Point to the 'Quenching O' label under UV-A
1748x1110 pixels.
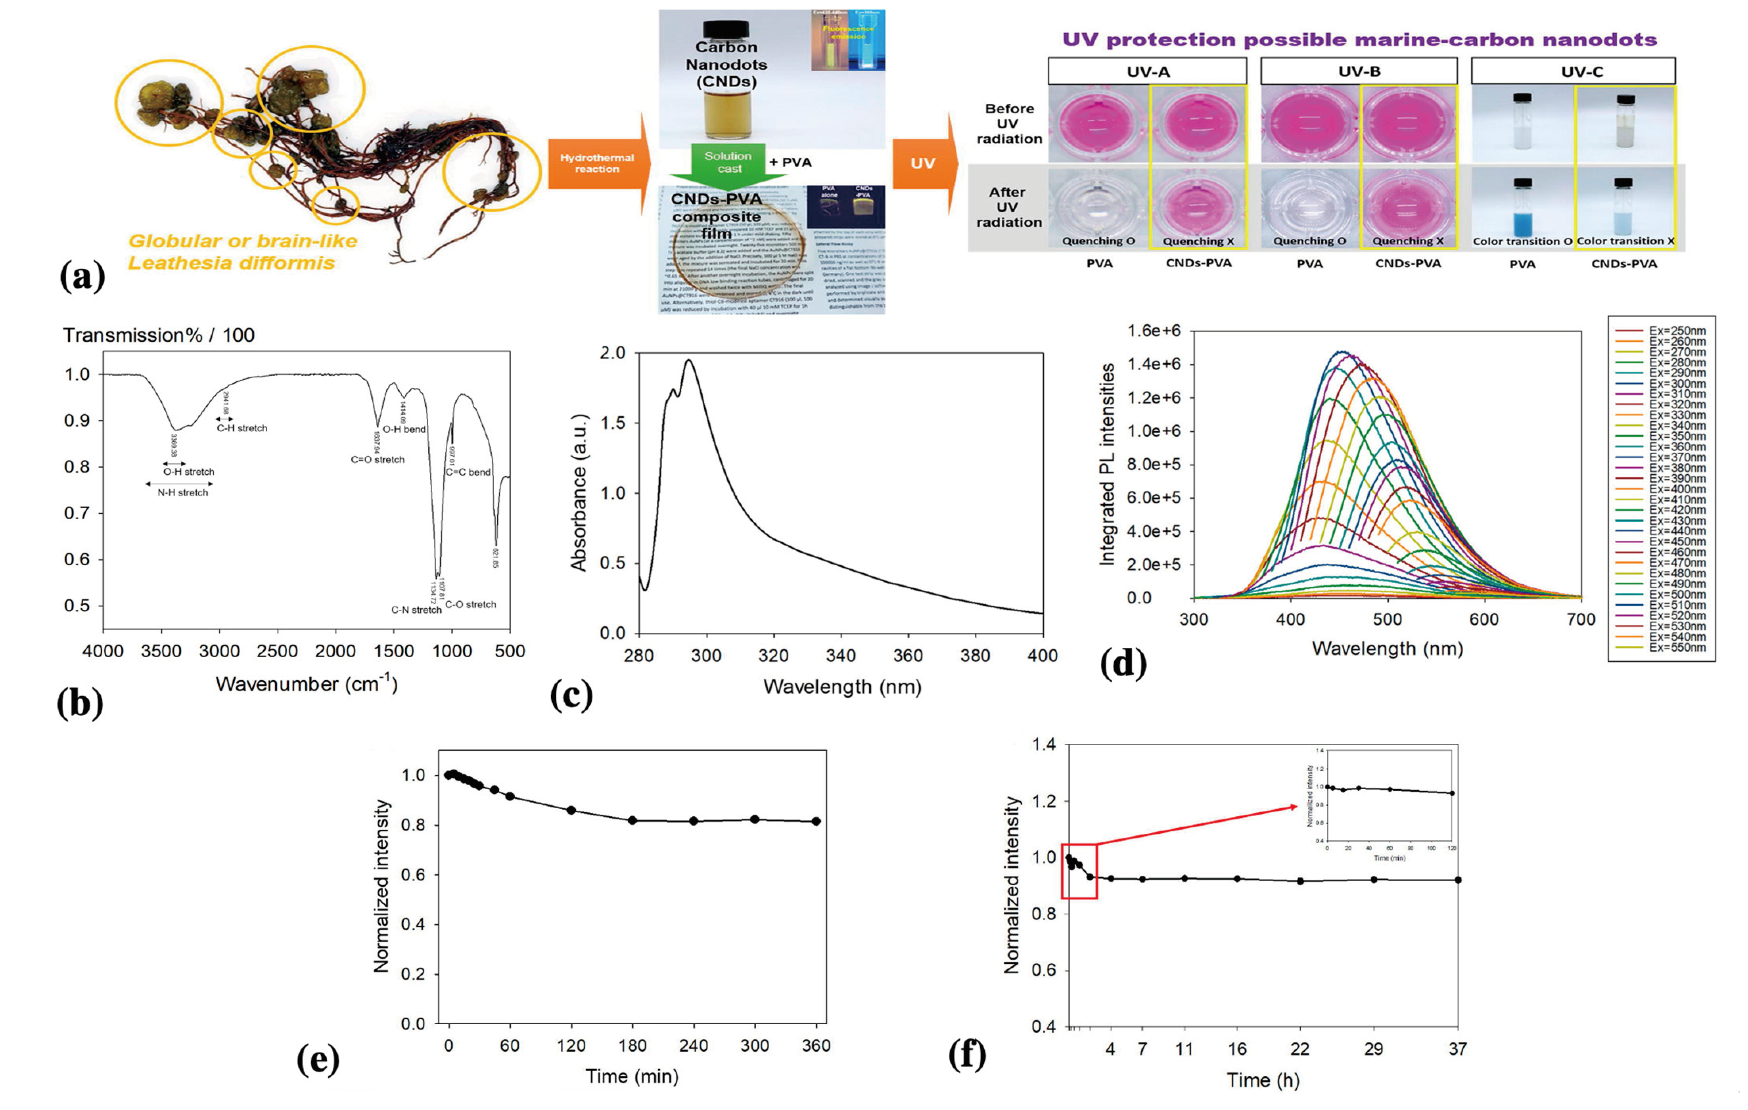tap(1098, 241)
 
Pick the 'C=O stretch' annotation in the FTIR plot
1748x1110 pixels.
tap(378, 459)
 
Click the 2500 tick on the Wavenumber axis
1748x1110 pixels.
tap(277, 651)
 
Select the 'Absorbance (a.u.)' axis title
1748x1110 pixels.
tap(579, 493)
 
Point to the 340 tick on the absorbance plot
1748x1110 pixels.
tap(841, 656)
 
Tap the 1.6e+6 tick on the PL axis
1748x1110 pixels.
tap(1154, 331)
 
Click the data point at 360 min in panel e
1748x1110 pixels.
tap(816, 821)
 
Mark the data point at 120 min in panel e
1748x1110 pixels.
tap(571, 810)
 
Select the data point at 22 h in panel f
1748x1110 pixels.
tap(1300, 881)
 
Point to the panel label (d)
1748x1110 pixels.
tap(1123, 663)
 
